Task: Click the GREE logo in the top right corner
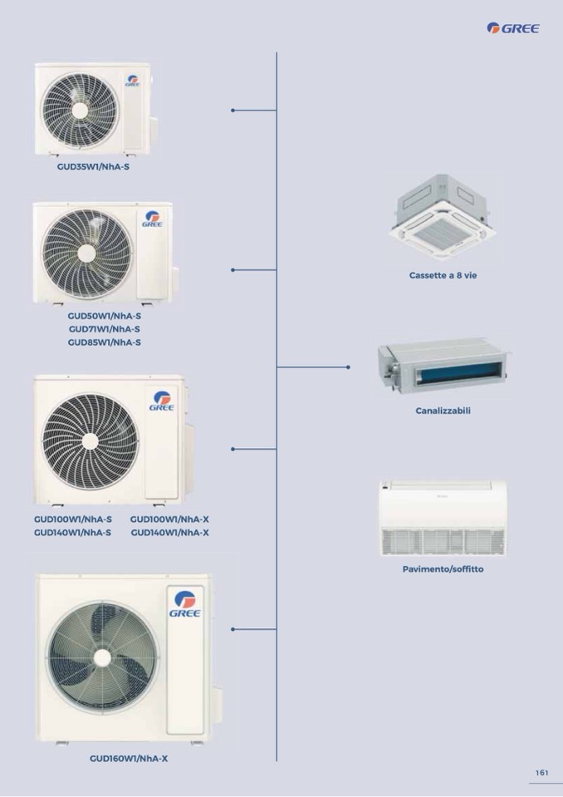pos(512,28)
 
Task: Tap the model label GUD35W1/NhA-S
pos(93,167)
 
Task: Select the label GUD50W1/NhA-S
pos(104,316)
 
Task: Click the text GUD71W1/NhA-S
pos(104,329)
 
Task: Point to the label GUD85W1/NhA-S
pos(104,342)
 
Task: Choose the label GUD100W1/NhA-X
pos(169,519)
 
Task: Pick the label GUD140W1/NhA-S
pos(72,533)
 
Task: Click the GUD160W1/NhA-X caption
pos(129,759)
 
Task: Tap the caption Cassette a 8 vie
pos(443,275)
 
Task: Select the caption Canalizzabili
pos(443,411)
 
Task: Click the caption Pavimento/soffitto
pos(443,569)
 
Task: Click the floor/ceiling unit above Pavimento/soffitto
pos(443,519)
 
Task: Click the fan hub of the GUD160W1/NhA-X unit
pos(102,657)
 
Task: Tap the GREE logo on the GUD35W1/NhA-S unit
pos(133,81)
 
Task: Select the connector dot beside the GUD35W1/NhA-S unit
pos(233,111)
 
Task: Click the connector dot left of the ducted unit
pos(348,367)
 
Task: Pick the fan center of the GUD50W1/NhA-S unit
pos(87,253)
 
